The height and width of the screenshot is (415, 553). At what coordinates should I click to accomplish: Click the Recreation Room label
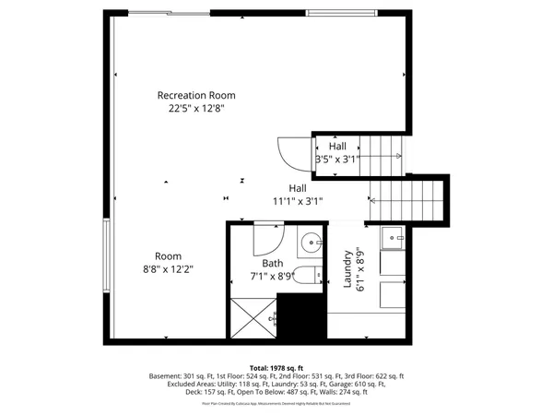tap(196, 95)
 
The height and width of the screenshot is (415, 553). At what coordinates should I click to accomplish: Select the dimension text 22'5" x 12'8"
tap(196, 108)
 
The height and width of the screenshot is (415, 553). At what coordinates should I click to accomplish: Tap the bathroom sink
tap(311, 244)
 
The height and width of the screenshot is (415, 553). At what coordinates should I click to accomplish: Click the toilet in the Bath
tap(312, 273)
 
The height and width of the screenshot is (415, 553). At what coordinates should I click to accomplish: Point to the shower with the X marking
tap(253, 318)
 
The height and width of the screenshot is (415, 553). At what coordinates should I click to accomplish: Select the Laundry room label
tap(349, 268)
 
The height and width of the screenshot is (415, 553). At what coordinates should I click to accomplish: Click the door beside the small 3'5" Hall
tap(294, 153)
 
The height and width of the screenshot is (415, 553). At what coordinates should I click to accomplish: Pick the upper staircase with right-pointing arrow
tap(382, 152)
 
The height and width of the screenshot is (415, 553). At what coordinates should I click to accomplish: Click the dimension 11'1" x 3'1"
tap(297, 200)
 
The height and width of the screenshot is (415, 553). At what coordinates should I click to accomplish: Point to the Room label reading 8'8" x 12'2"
tap(168, 263)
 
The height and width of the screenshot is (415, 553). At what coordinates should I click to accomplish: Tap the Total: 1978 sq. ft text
tap(276, 367)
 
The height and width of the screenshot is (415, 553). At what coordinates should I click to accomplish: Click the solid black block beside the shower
tap(300, 318)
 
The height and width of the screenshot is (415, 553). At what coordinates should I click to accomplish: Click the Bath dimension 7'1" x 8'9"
tap(273, 275)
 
